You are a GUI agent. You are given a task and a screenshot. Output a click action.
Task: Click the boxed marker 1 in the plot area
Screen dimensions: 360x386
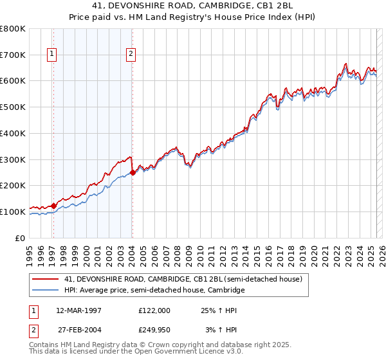click(x=51, y=55)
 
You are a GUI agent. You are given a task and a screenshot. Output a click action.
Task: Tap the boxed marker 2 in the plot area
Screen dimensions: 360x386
click(x=131, y=55)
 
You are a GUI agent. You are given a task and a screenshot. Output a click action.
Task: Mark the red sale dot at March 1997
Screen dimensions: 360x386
click(x=54, y=206)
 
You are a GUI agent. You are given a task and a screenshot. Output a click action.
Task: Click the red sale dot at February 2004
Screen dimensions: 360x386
click(x=133, y=172)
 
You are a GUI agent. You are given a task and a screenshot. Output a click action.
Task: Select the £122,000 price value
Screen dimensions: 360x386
click(x=154, y=310)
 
